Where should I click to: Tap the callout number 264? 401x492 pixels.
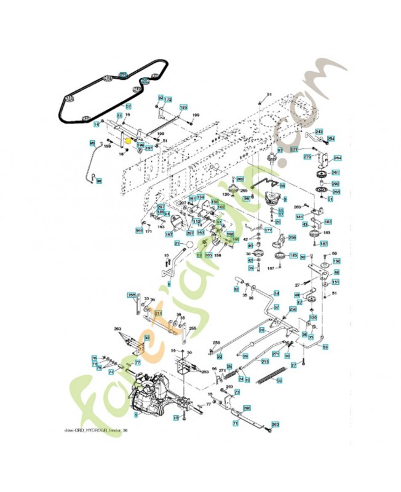click(x=337, y=158)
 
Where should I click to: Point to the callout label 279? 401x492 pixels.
click(x=308, y=157)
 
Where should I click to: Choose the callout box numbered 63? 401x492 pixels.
click(x=280, y=150)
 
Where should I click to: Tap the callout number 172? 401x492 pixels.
click(x=167, y=100)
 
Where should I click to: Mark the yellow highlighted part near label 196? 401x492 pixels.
click(x=128, y=141)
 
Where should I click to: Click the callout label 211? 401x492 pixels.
click(x=158, y=313)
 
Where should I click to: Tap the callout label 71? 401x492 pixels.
click(x=236, y=424)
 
